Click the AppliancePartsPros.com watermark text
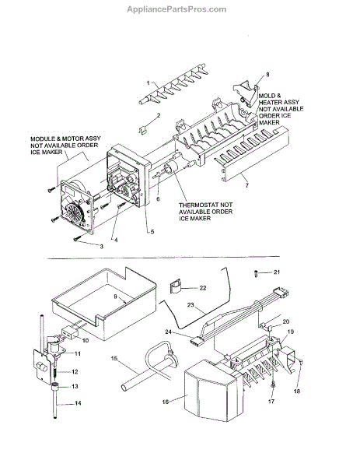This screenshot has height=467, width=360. (177, 9)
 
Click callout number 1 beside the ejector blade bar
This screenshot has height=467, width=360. (149, 83)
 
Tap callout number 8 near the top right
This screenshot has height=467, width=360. (267, 75)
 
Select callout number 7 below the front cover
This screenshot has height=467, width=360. (247, 185)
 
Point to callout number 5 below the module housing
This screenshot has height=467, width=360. (152, 231)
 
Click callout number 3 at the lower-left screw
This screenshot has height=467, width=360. (101, 246)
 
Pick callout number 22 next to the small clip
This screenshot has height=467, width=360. (203, 288)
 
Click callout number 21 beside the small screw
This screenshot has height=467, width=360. (277, 272)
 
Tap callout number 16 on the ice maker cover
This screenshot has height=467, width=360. (166, 402)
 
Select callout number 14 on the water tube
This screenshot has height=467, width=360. (78, 403)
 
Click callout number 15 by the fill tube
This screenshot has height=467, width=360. (114, 358)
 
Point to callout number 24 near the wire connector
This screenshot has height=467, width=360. (169, 332)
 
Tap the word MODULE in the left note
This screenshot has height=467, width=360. (43, 139)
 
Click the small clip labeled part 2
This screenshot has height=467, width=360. (143, 130)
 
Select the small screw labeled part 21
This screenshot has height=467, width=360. (256, 273)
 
